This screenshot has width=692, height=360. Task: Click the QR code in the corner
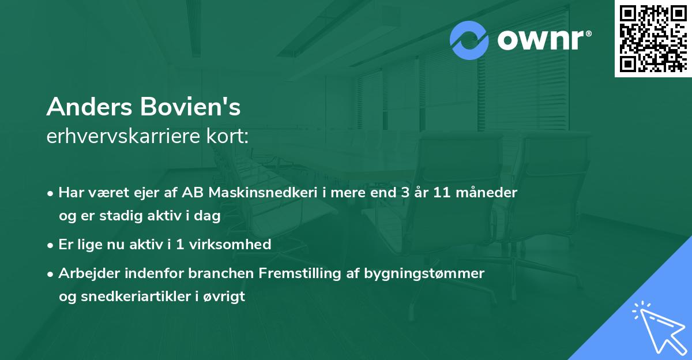653,39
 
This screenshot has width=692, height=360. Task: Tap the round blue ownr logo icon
469,40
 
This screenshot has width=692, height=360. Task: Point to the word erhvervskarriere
124,136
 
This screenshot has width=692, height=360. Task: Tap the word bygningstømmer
424,273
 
